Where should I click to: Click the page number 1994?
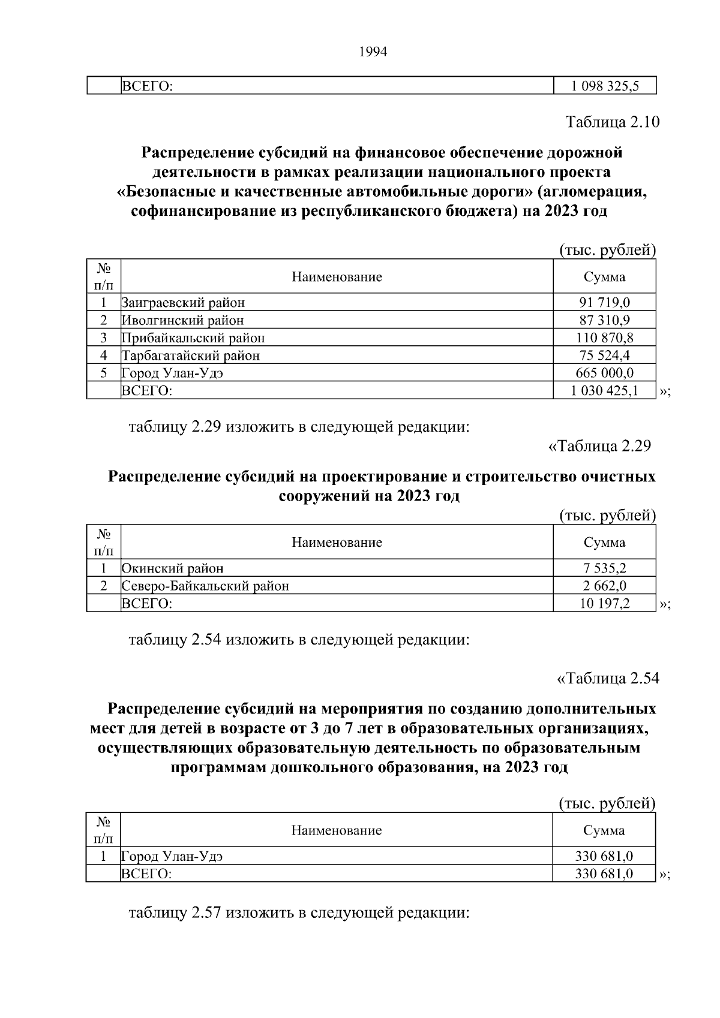pyautogui.click(x=373, y=52)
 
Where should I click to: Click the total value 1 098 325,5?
pyautogui.click(x=604, y=86)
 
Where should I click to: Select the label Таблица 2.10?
pyautogui.click(x=612, y=122)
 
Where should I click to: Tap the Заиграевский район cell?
pyautogui.click(x=183, y=303)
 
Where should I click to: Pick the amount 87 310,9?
pyautogui.click(x=604, y=320)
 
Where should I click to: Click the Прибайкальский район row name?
pyautogui.click(x=193, y=338)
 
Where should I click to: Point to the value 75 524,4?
pyautogui.click(x=604, y=356)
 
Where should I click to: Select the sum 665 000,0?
pyautogui.click(x=604, y=373)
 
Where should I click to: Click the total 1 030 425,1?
pyautogui.click(x=604, y=391)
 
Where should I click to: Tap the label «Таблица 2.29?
pyautogui.click(x=599, y=447)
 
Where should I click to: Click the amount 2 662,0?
pyautogui.click(x=604, y=586)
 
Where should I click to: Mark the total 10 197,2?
pyautogui.click(x=604, y=603)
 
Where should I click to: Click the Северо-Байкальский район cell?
pyautogui.click(x=205, y=586)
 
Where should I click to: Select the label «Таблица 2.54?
pyautogui.click(x=608, y=679)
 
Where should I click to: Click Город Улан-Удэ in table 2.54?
pyautogui.click(x=172, y=856)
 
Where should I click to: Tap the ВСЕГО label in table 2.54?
pyautogui.click(x=146, y=874)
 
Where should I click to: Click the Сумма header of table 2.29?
pyautogui.click(x=604, y=543)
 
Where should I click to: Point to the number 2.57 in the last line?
pyautogui.click(x=207, y=913)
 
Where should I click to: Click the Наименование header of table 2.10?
pyautogui.click(x=337, y=277)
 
